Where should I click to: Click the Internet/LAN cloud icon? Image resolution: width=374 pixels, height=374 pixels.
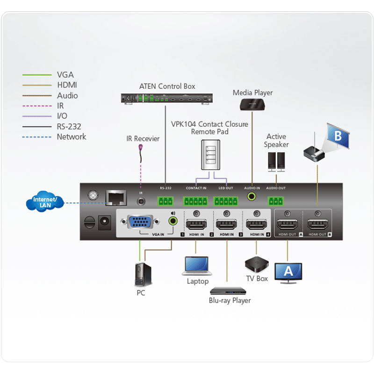[x=45, y=202]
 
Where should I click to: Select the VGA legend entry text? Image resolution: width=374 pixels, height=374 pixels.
[x=65, y=74]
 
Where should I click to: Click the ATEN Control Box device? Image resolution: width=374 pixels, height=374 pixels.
[x=166, y=98]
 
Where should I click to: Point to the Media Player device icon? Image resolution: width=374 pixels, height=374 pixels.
[x=252, y=104]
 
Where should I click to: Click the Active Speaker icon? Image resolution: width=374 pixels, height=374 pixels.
[x=276, y=161]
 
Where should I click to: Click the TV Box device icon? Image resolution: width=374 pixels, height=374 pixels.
[x=256, y=265]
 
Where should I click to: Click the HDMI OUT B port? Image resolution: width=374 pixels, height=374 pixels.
[x=317, y=223]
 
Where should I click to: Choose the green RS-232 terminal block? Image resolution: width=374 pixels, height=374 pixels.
[x=165, y=201]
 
